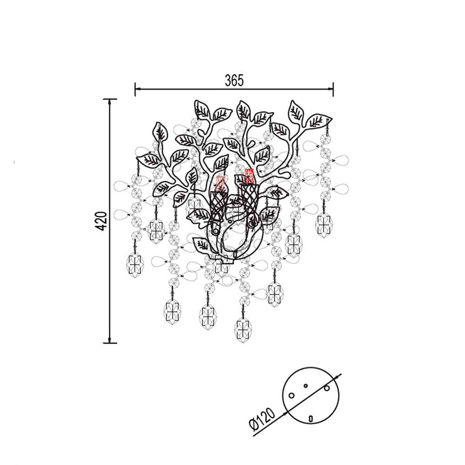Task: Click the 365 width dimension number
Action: (x=234, y=80)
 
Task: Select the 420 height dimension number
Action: (x=101, y=221)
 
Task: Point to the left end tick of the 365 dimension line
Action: (x=135, y=89)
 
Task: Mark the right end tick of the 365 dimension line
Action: (x=333, y=89)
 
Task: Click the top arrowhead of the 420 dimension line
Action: (x=110, y=102)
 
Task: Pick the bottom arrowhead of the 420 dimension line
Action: (x=110, y=339)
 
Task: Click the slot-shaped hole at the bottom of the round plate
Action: (x=311, y=418)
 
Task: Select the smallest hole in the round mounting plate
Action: (x=306, y=386)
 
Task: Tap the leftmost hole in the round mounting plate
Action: (x=292, y=396)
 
